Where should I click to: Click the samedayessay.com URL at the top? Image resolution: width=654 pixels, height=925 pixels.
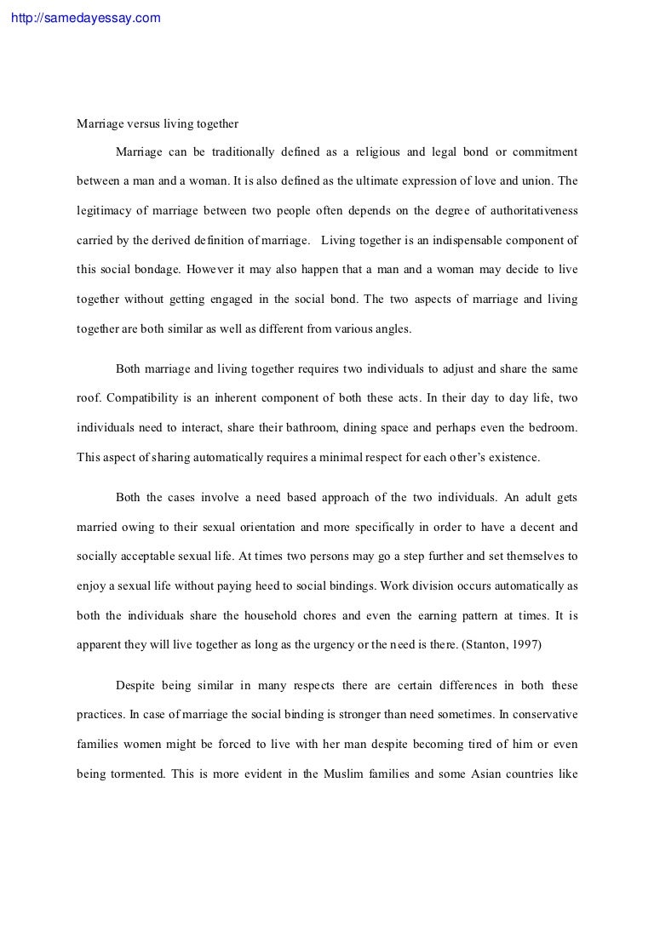pyautogui.click(x=83, y=17)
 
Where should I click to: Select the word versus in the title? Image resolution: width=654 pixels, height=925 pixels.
pyautogui.click(x=145, y=123)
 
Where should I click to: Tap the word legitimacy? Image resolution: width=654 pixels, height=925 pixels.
pyautogui.click(x=106, y=211)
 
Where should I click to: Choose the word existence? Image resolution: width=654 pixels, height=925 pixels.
pyautogui.click(x=510, y=457)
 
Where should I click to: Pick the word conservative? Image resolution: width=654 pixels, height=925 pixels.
pyautogui.click(x=541, y=716)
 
